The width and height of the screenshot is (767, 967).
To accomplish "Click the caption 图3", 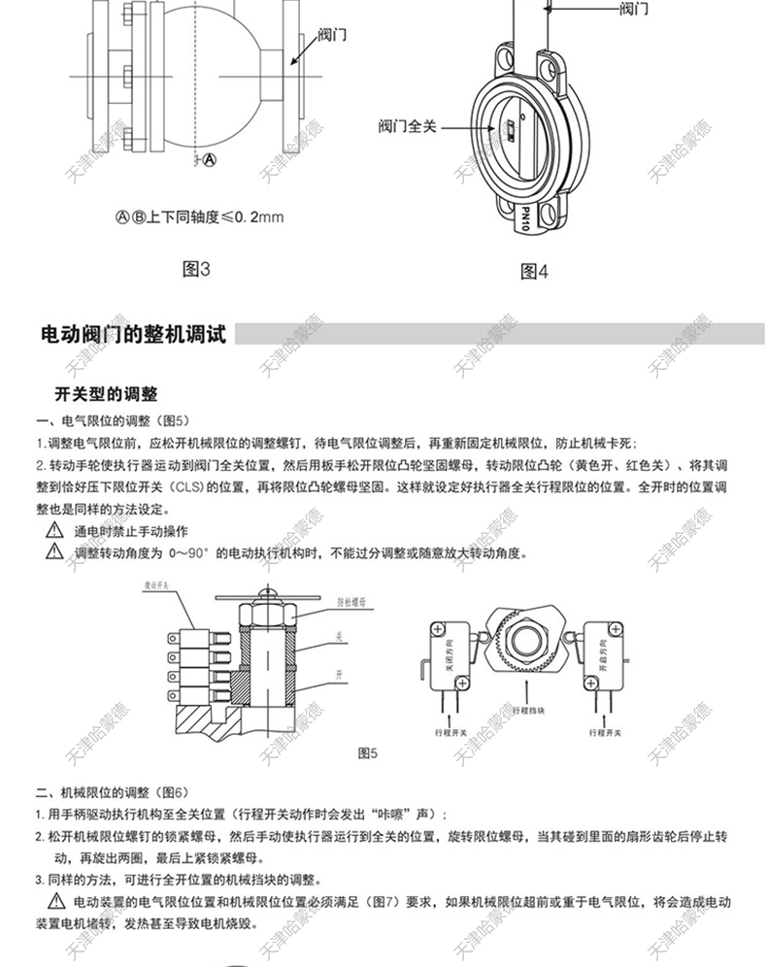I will tap(197, 269).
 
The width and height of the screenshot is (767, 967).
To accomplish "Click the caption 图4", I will tap(535, 271).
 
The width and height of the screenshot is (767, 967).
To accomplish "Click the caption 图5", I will tap(367, 752).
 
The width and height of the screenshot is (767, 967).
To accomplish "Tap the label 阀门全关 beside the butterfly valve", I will tap(408, 126).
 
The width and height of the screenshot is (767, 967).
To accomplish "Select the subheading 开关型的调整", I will tap(105, 394).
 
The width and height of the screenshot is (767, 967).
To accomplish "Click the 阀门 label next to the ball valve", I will tap(332, 35).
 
